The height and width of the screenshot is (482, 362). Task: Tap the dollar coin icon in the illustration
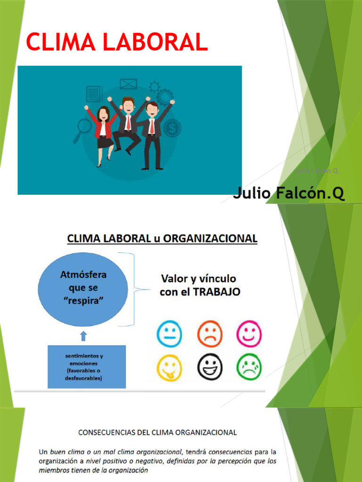(173, 127)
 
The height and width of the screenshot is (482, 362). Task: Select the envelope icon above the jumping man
(128, 84)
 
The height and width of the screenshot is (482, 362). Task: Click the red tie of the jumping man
(128, 123)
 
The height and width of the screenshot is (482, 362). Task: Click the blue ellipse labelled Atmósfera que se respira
(82, 287)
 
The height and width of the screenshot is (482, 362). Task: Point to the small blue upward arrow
(83, 336)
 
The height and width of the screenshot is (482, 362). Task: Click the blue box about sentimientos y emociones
(87, 367)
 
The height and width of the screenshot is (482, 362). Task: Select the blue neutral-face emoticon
(169, 335)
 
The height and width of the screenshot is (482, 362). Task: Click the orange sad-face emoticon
(209, 335)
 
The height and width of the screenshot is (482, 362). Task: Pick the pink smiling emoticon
(249, 335)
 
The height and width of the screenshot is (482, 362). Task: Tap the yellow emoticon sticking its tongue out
(169, 367)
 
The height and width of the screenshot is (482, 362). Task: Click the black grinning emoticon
(209, 367)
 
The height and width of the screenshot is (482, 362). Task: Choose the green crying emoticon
(249, 367)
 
